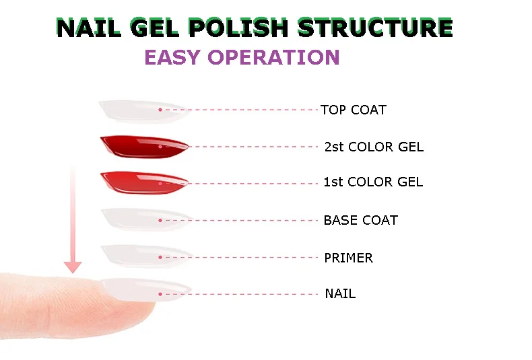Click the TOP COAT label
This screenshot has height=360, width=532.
(354, 110)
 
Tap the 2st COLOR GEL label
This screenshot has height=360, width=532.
(374, 147)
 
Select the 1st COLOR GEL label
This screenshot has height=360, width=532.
(373, 182)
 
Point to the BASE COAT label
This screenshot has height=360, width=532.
(361, 220)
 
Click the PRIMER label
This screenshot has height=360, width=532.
(348, 258)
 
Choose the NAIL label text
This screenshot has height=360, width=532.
(340, 293)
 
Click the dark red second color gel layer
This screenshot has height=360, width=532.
(144, 147)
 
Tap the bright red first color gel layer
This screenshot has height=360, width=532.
(144, 183)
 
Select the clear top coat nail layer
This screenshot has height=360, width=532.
(143, 110)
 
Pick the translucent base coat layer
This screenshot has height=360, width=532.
(147, 219)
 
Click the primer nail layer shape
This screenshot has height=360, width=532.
(147, 256)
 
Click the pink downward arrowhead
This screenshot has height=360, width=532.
(73, 267)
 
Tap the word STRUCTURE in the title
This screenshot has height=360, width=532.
(375, 27)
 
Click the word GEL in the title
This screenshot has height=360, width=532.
(154, 27)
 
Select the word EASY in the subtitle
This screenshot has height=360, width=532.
(172, 57)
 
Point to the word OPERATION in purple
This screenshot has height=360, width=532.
(273, 57)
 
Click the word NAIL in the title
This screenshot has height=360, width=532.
(88, 27)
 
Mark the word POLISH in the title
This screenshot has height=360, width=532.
(238, 27)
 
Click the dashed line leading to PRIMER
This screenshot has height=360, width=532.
(239, 257)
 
